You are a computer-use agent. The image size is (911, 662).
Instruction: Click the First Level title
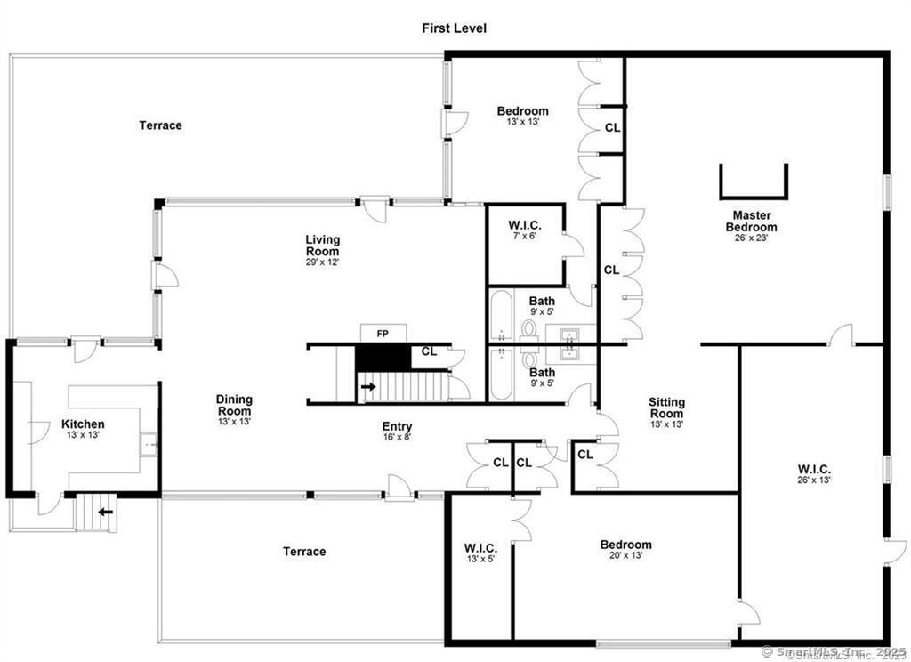[454, 28]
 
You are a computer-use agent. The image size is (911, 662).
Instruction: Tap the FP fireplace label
[383, 334]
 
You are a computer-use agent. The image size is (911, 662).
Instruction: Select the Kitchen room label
[83, 424]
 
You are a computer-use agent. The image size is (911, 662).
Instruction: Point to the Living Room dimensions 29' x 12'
[322, 262]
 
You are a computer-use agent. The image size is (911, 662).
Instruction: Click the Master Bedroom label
[752, 221]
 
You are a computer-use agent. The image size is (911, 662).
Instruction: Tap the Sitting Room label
[666, 408]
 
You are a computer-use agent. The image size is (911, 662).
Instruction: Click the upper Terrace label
[160, 125]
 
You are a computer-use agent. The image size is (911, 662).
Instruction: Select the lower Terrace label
[304, 552]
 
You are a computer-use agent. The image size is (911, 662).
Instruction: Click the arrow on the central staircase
[367, 387]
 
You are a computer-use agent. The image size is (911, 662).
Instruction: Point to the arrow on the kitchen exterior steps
[107, 512]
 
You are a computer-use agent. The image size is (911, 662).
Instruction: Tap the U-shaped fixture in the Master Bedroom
[753, 182]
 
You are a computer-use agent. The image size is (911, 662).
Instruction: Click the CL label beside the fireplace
[429, 351]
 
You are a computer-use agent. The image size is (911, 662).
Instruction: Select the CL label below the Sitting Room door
[584, 455]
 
